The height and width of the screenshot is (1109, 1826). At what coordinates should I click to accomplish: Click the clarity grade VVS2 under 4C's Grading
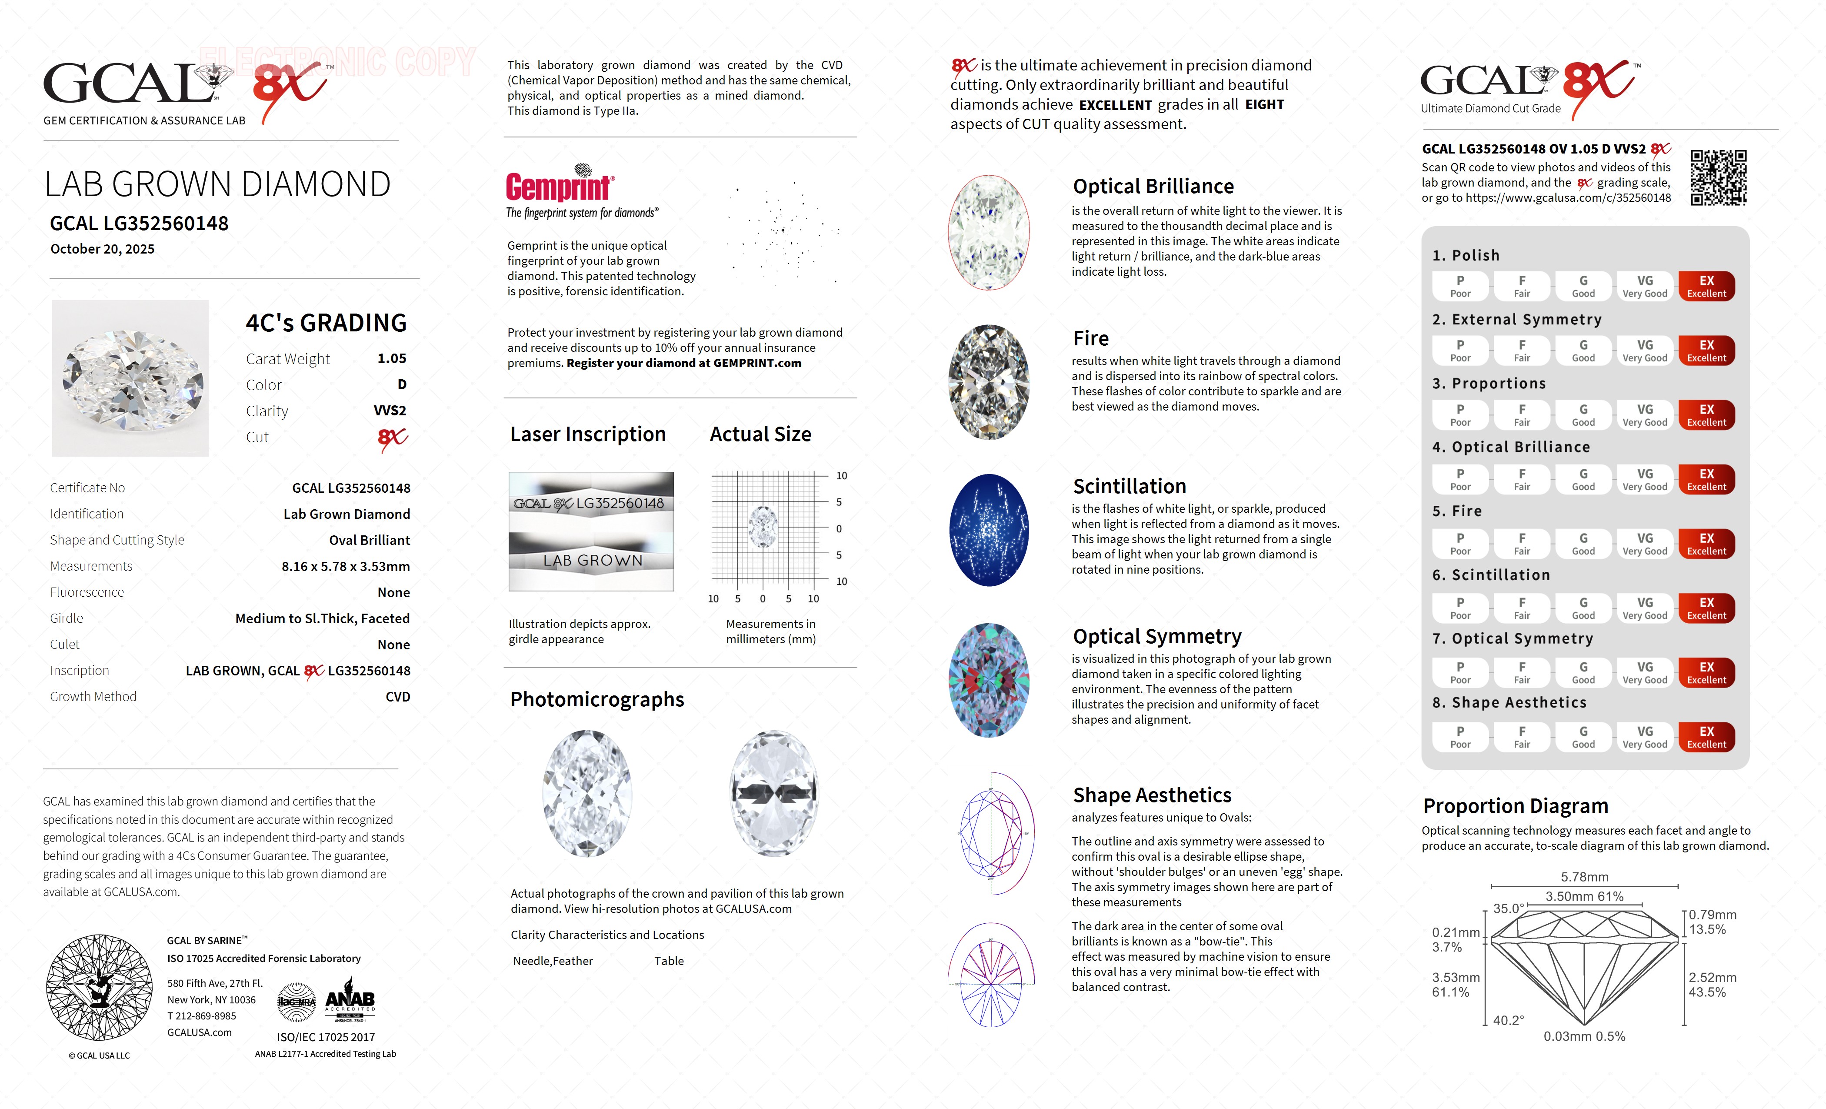(390, 411)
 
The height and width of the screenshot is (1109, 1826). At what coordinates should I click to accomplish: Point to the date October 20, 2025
(102, 249)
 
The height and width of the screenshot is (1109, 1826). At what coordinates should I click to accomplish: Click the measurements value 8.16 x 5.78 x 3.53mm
(345, 566)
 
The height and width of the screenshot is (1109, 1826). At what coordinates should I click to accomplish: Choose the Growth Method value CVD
(397, 697)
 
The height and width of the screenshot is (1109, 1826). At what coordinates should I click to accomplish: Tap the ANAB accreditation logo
(350, 1003)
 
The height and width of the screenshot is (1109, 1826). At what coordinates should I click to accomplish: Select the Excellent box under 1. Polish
(1706, 286)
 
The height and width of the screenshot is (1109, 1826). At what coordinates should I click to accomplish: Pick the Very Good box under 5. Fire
(1644, 543)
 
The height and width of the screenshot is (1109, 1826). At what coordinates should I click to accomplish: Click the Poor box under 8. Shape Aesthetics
(1460, 737)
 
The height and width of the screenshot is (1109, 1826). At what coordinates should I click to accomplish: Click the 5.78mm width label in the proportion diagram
(1584, 877)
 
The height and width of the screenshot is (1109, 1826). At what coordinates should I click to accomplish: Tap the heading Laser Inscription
(588, 434)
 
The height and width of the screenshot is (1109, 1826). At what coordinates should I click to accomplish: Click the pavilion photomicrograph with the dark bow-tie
(774, 793)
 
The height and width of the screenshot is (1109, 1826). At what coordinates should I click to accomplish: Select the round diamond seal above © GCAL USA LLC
(99, 987)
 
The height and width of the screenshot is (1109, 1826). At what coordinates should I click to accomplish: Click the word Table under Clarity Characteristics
(669, 961)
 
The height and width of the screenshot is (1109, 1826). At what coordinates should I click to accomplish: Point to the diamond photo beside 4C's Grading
(130, 378)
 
